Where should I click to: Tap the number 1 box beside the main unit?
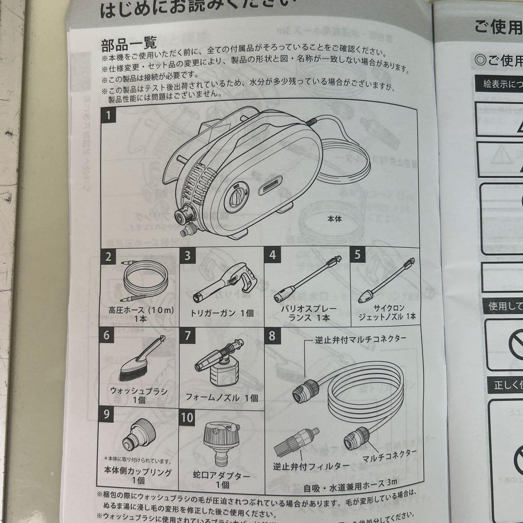[109, 116]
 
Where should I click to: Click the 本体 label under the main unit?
[334, 219]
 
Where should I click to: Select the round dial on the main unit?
[237, 199]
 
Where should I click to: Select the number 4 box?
[273, 255]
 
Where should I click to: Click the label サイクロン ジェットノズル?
[386, 312]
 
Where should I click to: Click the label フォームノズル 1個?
[222, 398]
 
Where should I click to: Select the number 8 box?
[273, 335]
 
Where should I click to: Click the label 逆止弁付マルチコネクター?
[360, 338]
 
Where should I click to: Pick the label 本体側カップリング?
[138, 471]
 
